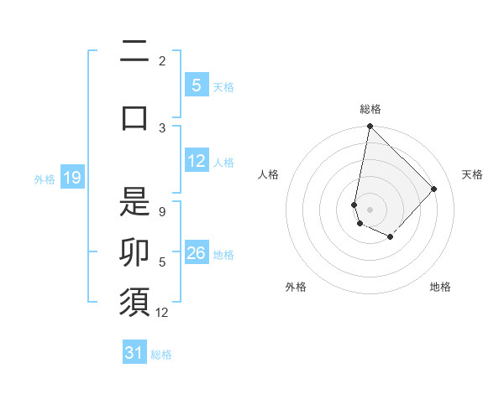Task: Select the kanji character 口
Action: pyautogui.click(x=134, y=117)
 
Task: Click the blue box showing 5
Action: pyautogui.click(x=196, y=86)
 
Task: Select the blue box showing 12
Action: pyautogui.click(x=197, y=162)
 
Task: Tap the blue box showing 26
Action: pyautogui.click(x=197, y=254)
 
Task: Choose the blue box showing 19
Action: pyautogui.click(x=72, y=178)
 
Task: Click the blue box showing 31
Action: pyautogui.click(x=134, y=353)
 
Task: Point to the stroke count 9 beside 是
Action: pyautogui.click(x=162, y=212)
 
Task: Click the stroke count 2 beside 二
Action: pyautogui.click(x=162, y=60)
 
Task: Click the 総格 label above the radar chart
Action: pyautogui.click(x=370, y=109)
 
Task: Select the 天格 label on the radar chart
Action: pyautogui.click(x=472, y=174)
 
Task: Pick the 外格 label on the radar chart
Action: pyautogui.click(x=296, y=287)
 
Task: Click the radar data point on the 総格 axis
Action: pyautogui.click(x=370, y=127)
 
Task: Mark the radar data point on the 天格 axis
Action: pyautogui.click(x=434, y=189)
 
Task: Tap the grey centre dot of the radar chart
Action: pyautogui.click(x=370, y=210)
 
